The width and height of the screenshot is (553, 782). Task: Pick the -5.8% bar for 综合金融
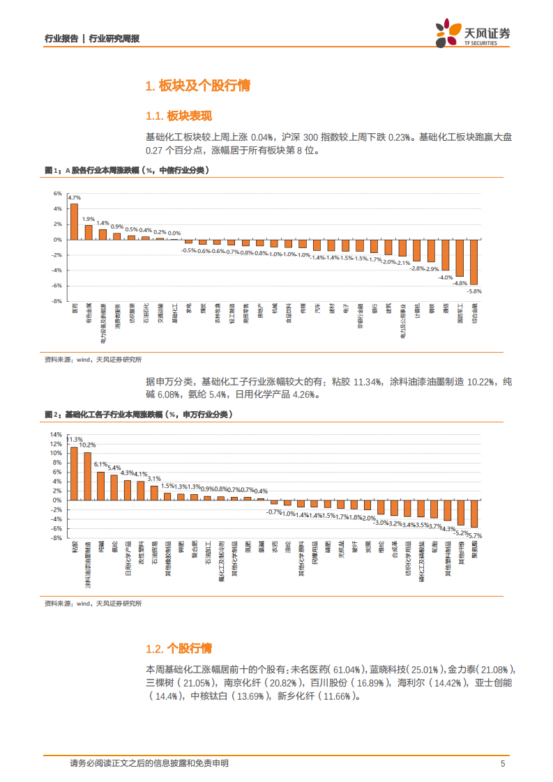click(474, 261)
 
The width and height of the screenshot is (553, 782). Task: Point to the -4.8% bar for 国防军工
click(460, 258)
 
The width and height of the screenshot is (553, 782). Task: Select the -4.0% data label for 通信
click(445, 277)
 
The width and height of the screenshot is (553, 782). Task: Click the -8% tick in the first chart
click(57, 301)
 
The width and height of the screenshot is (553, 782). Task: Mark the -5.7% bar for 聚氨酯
click(474, 513)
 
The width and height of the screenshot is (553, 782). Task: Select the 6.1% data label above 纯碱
click(100, 464)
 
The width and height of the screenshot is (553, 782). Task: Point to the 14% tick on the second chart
click(56, 434)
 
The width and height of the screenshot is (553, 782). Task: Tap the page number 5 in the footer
click(503, 763)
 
